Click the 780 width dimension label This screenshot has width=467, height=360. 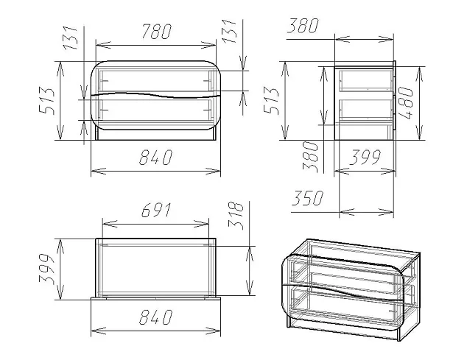157,32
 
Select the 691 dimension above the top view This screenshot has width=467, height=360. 156,211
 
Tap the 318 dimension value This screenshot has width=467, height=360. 236,216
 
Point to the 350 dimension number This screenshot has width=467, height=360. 307,198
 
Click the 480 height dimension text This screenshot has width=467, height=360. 406,103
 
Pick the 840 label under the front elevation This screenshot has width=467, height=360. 155,158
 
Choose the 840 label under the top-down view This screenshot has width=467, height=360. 155,317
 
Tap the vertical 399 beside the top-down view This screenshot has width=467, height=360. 46,269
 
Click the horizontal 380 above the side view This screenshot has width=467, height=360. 303,26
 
